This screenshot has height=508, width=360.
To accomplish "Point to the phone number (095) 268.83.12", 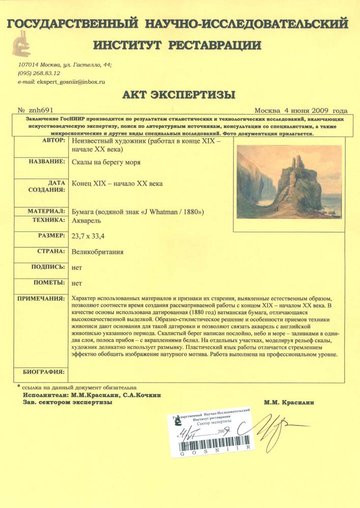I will click(39, 73).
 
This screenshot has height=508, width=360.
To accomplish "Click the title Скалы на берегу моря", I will click(106, 162).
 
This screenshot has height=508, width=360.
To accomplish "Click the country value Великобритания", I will click(98, 251).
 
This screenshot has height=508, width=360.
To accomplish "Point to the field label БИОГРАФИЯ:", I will click(44, 371).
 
